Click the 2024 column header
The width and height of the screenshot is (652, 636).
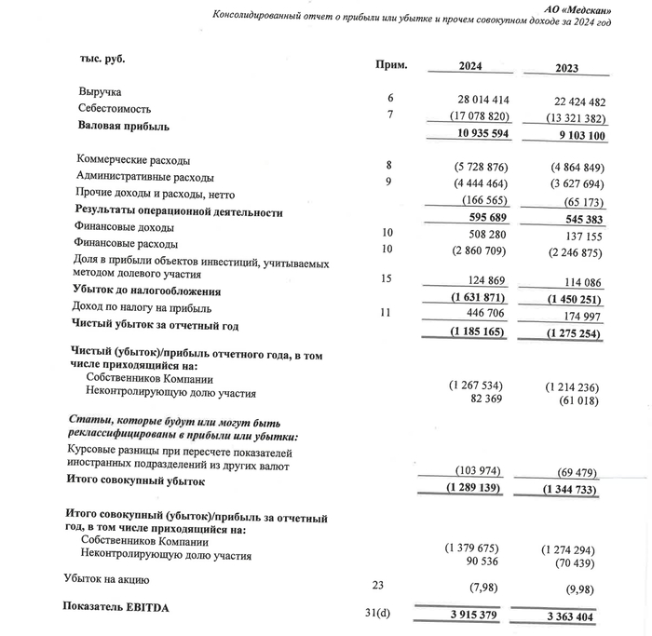477,67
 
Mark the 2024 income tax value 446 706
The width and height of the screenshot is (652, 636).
483,315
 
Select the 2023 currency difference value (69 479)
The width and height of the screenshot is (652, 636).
570,474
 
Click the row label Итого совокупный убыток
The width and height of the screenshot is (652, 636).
134,480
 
